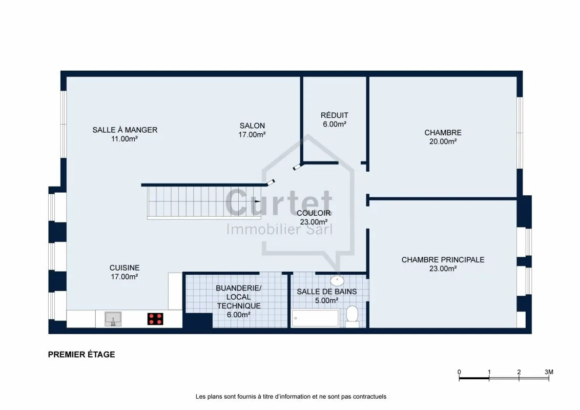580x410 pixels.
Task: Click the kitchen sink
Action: (x=113, y=319)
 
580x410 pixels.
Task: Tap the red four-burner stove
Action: (x=155, y=319)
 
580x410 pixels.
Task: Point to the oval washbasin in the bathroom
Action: (x=337, y=280)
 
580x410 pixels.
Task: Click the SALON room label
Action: (x=252, y=126)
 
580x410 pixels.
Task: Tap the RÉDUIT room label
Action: (x=335, y=115)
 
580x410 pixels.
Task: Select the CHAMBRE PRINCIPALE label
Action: (x=443, y=260)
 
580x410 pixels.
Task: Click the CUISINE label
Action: (x=125, y=268)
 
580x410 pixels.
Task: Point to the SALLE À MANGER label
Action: (x=125, y=130)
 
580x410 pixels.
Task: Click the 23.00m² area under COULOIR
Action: (x=314, y=222)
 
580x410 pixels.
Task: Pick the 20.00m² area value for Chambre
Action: (x=443, y=141)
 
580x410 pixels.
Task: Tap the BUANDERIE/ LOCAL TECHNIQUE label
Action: (x=239, y=297)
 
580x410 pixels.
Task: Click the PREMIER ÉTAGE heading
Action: (x=81, y=355)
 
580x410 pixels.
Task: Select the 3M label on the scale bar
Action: (x=549, y=372)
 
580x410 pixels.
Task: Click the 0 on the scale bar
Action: (x=459, y=372)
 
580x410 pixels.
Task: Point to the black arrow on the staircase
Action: (x=258, y=201)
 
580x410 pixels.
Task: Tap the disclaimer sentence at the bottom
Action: (x=291, y=397)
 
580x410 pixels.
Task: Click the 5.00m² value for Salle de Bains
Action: (x=326, y=300)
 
